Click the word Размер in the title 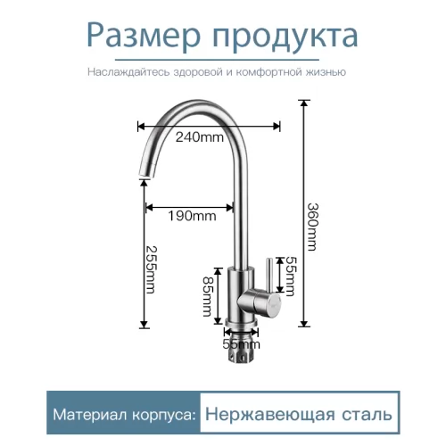144,37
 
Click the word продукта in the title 285,37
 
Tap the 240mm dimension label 200,137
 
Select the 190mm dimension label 192,216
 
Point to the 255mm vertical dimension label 151,269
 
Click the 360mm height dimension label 312,227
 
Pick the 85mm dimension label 208,297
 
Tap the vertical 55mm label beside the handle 290,277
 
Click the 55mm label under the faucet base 241,344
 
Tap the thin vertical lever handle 268,274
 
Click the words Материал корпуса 125,414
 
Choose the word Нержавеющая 269,414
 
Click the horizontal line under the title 217,60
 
